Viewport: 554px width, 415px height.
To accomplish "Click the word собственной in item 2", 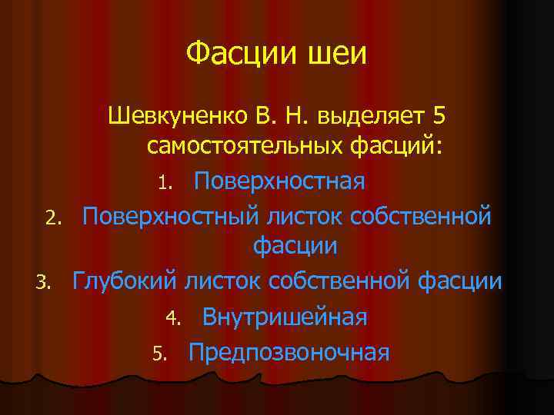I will [x=420, y=217].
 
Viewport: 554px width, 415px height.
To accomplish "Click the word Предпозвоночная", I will [x=289, y=353].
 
